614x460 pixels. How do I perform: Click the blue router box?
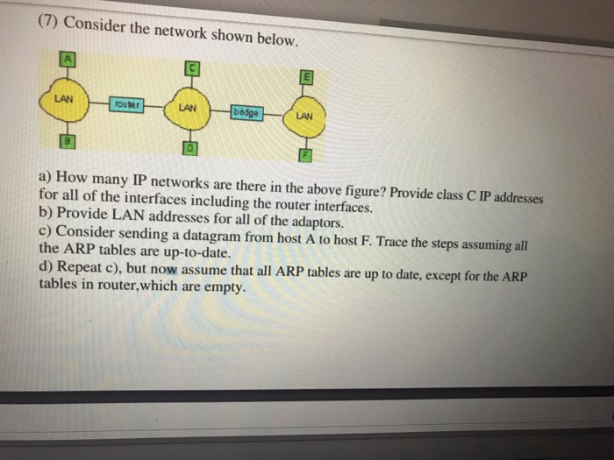[x=126, y=103]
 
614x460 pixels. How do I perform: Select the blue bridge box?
[x=246, y=112]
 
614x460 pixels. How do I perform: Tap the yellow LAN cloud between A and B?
[x=63, y=100]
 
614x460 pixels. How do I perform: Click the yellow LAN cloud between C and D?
[x=187, y=109]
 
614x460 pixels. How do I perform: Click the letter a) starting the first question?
[x=45, y=176]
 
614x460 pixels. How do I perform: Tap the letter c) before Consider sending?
[x=45, y=230]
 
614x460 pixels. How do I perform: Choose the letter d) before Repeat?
[x=46, y=266]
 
